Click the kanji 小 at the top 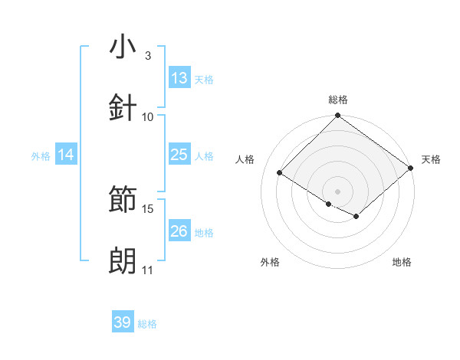click(123, 47)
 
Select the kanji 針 click(123, 108)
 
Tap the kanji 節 click(123, 201)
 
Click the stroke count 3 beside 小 click(148, 55)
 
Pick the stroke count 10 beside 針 click(148, 116)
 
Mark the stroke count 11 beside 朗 click(148, 270)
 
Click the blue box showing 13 click(179, 78)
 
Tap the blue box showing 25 click(179, 155)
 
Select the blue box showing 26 click(179, 231)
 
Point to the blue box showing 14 click(66, 155)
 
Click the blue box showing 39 click(123, 322)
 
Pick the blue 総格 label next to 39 click(147, 324)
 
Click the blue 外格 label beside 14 click(41, 156)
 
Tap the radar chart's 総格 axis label click(338, 100)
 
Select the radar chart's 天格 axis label click(431, 159)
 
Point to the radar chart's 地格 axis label click(402, 262)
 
